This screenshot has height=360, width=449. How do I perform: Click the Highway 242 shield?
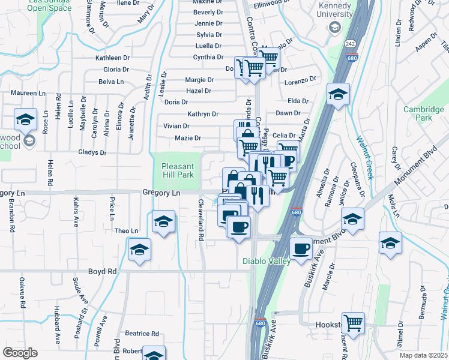(x=351, y=44)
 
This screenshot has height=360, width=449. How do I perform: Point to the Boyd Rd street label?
(x=102, y=271)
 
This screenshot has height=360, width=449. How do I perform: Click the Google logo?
(x=20, y=353)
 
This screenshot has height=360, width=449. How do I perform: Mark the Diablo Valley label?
(x=267, y=261)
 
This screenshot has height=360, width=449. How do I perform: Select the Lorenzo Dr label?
(x=300, y=80)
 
